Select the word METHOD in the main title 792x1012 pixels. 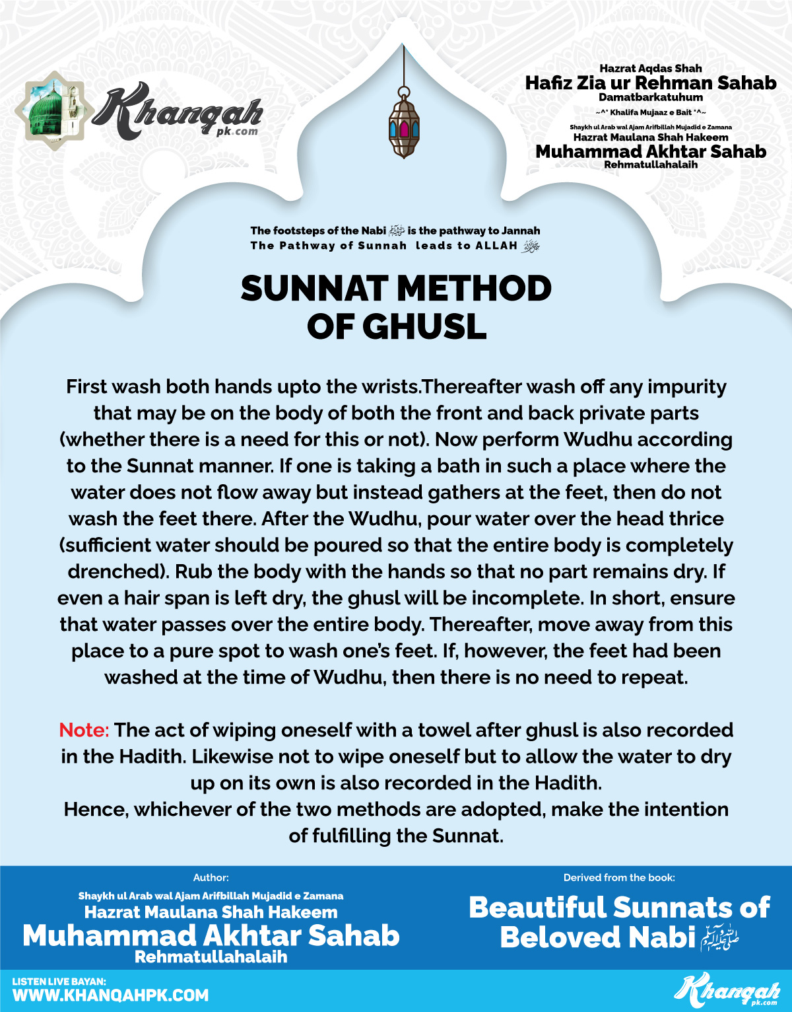point(475,289)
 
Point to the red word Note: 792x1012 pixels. point(84,730)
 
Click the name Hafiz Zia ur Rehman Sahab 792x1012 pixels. point(651,83)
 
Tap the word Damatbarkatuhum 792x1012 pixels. point(651,98)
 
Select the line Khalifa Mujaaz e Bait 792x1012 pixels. point(651,112)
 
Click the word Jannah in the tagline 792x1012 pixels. point(521,231)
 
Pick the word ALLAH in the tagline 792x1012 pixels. point(496,246)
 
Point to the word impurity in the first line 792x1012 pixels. point(686,387)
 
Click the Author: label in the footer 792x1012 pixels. point(211,878)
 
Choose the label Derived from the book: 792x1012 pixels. point(619,878)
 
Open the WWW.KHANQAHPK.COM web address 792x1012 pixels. point(110,995)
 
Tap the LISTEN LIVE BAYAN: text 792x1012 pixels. point(59,982)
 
